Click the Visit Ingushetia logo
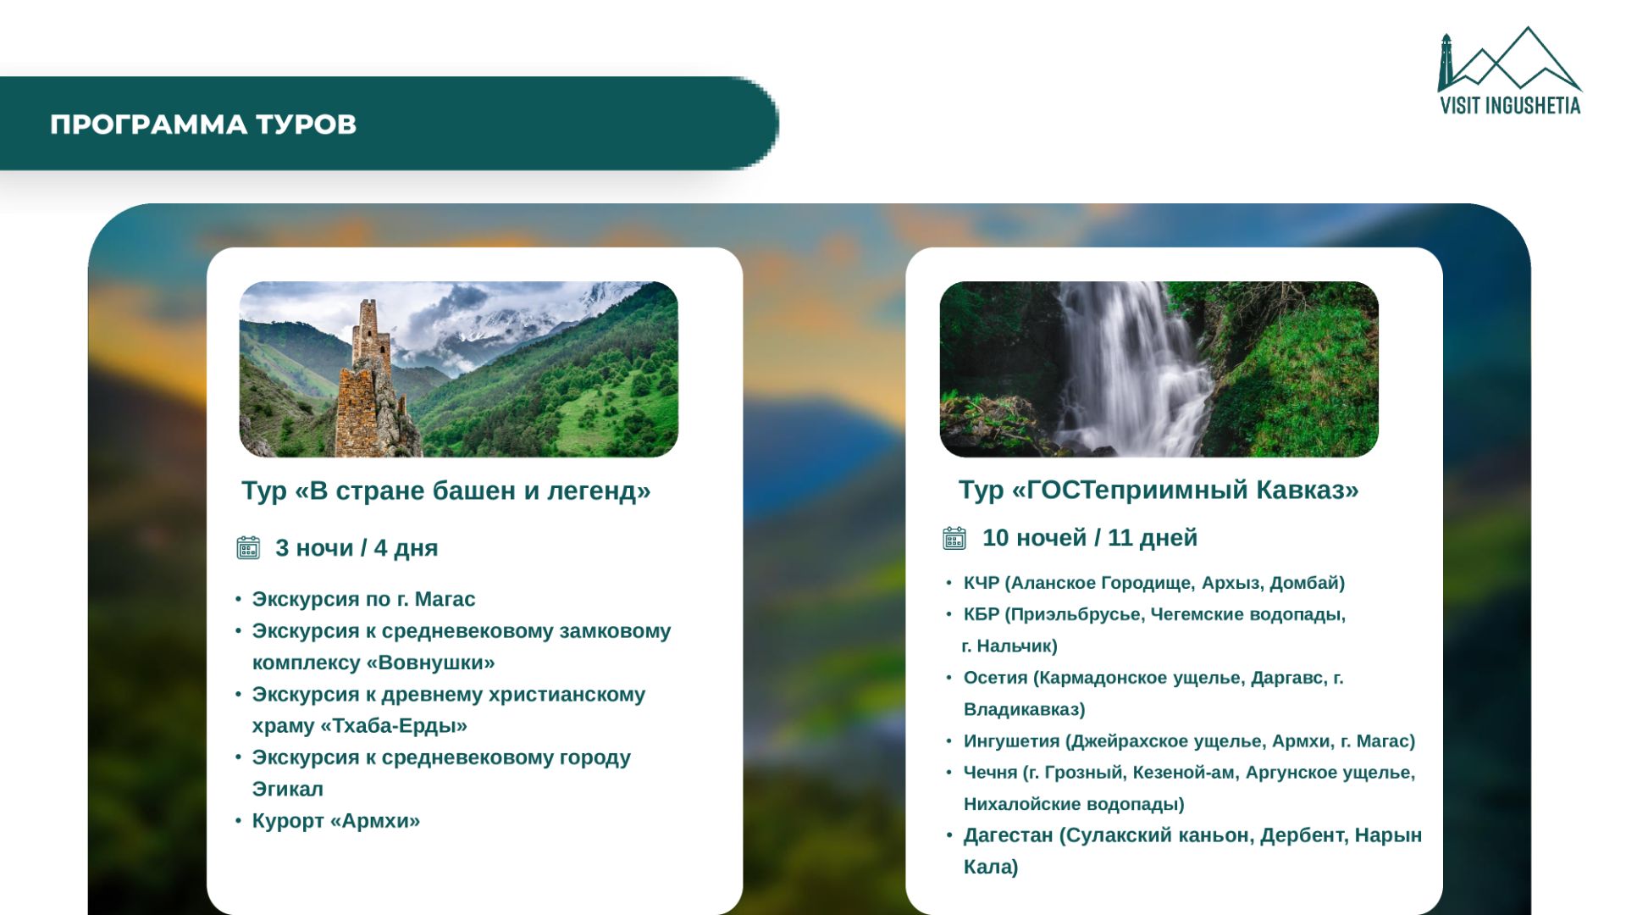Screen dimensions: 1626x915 [1510, 70]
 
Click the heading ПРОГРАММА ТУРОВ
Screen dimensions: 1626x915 [203, 125]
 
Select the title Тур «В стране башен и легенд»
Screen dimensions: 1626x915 [446, 491]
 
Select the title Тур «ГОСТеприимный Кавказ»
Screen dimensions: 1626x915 [1159, 490]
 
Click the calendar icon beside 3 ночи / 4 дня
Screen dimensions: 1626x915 [248, 547]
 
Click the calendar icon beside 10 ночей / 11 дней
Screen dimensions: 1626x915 [954, 538]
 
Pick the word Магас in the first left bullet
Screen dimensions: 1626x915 [445, 599]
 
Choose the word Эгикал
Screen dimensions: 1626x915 [288, 789]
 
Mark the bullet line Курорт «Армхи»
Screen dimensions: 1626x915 [336, 821]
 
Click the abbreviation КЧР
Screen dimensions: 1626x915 [982, 583]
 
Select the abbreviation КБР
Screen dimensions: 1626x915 [982, 614]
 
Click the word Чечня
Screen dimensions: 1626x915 [990, 773]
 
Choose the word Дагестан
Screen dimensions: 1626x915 [1008, 835]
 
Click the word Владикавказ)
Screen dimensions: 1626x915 [1025, 709]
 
